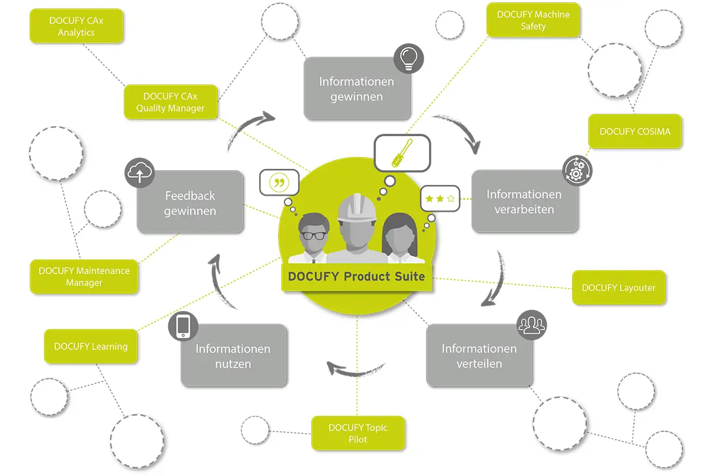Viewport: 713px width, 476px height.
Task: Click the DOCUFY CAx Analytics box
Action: [x=76, y=27]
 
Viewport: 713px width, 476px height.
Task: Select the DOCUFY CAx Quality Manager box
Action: [x=171, y=102]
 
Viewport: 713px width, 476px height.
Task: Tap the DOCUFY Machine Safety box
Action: [x=533, y=20]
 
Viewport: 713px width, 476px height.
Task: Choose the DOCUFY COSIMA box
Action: [x=635, y=131]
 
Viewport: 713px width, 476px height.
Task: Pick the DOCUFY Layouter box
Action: [x=619, y=288]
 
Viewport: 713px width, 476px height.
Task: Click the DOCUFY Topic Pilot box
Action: [x=358, y=433]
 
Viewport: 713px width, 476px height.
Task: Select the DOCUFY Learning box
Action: [x=90, y=346]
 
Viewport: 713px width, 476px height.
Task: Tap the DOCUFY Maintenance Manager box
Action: [x=84, y=277]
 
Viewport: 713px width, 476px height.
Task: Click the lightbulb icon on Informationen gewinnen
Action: [x=408, y=58]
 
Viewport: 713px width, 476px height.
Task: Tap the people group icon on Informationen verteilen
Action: [x=531, y=324]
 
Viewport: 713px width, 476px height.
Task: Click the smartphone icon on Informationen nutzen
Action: [x=183, y=326]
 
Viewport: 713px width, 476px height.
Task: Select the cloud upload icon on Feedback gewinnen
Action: [x=140, y=173]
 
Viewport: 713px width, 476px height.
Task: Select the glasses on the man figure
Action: [x=313, y=236]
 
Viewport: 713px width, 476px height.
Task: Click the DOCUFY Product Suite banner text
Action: [x=356, y=277]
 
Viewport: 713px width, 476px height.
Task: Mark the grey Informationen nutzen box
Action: [x=234, y=356]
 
